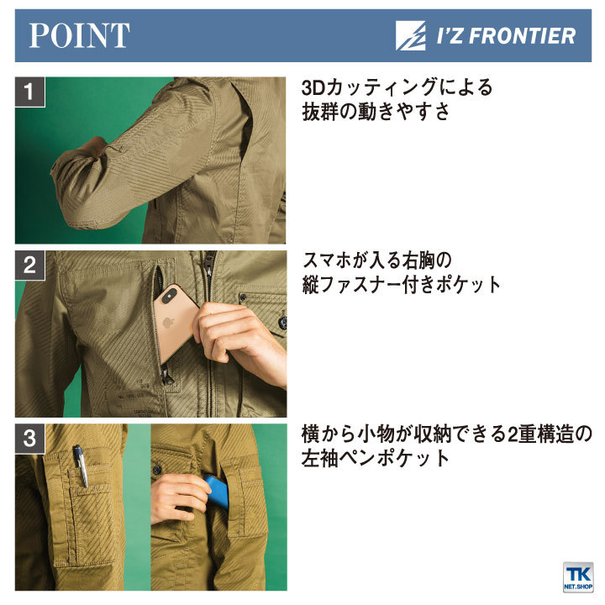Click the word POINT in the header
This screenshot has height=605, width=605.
(x=79, y=35)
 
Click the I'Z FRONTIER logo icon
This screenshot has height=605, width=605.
(x=413, y=35)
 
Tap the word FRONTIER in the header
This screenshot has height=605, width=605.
(x=529, y=35)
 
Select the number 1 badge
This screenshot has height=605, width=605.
(x=30, y=92)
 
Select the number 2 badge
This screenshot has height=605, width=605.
(x=30, y=266)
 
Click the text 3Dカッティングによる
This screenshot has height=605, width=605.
(x=397, y=87)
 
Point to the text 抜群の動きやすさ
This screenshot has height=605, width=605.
(x=376, y=113)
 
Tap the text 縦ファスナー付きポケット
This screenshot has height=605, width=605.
(x=401, y=285)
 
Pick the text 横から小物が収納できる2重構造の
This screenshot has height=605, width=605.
(x=447, y=434)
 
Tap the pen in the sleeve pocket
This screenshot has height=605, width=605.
(x=80, y=464)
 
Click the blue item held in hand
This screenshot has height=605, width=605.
(x=218, y=492)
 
